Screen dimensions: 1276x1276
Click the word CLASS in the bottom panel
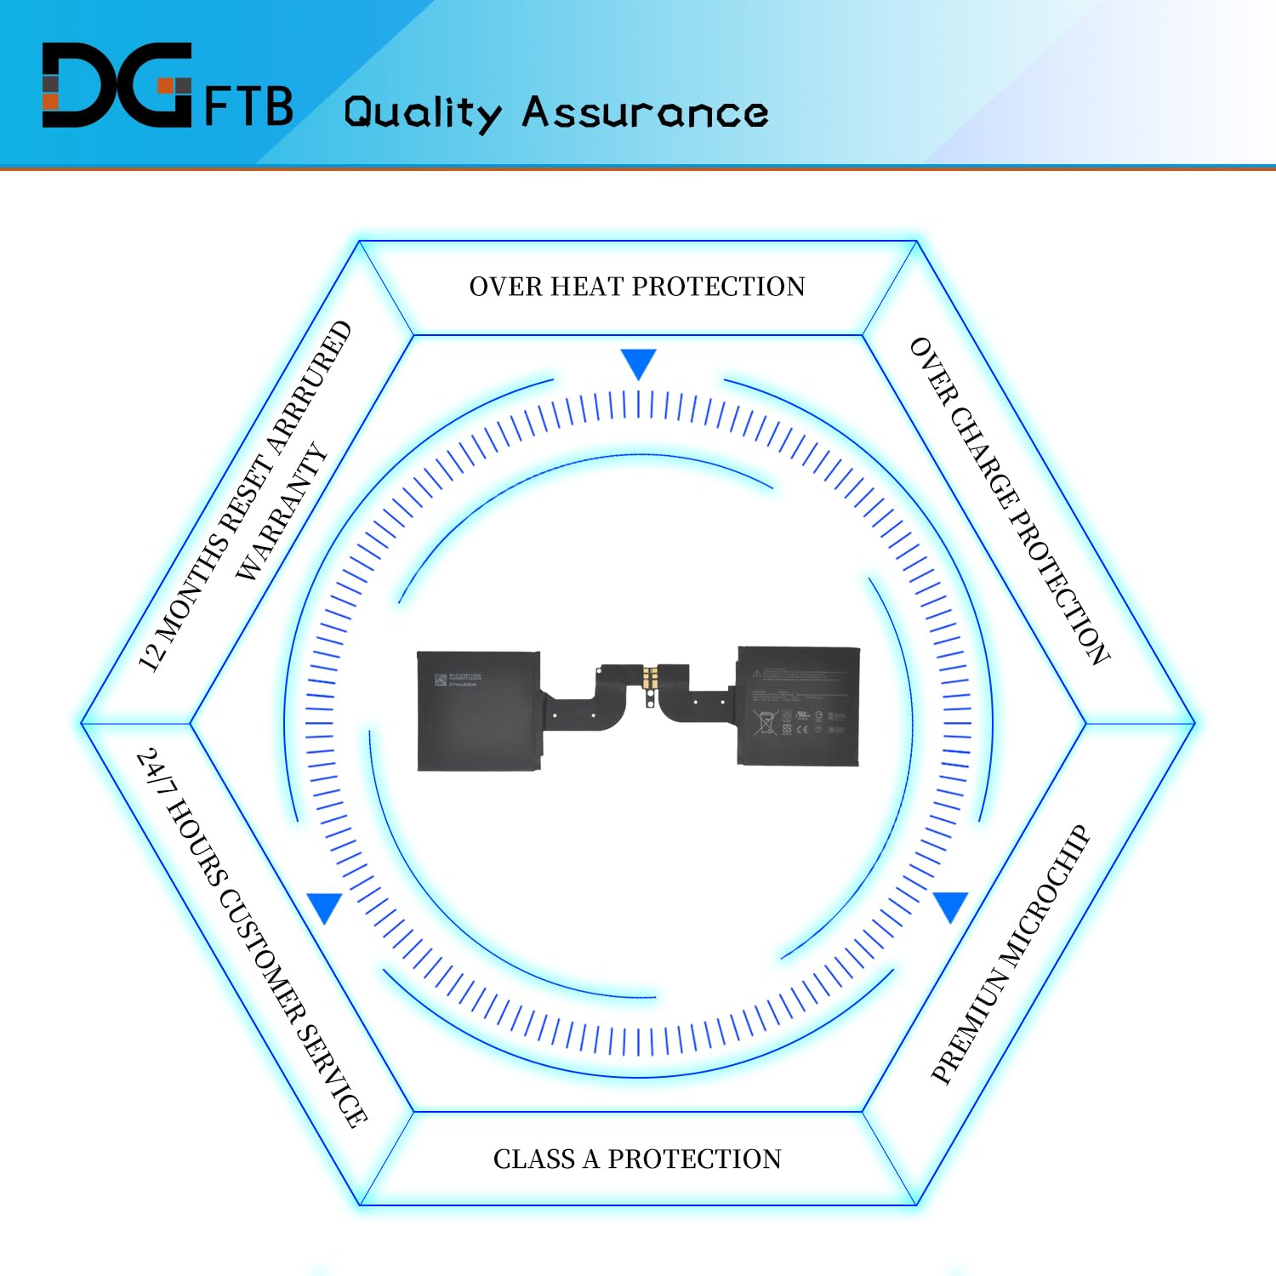click(x=533, y=1159)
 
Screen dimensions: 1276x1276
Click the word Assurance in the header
click(x=645, y=113)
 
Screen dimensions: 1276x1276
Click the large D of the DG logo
click(x=81, y=85)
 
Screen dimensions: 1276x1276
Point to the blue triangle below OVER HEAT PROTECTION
click(x=638, y=362)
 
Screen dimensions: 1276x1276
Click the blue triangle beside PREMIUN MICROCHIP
click(x=950, y=905)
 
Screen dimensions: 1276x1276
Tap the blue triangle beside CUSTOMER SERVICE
click(x=325, y=907)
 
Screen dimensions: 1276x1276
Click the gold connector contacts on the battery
click(x=651, y=677)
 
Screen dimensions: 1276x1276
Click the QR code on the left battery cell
click(x=441, y=680)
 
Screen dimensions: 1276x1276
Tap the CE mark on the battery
click(x=801, y=730)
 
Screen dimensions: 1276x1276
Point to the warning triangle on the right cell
click(x=756, y=673)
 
